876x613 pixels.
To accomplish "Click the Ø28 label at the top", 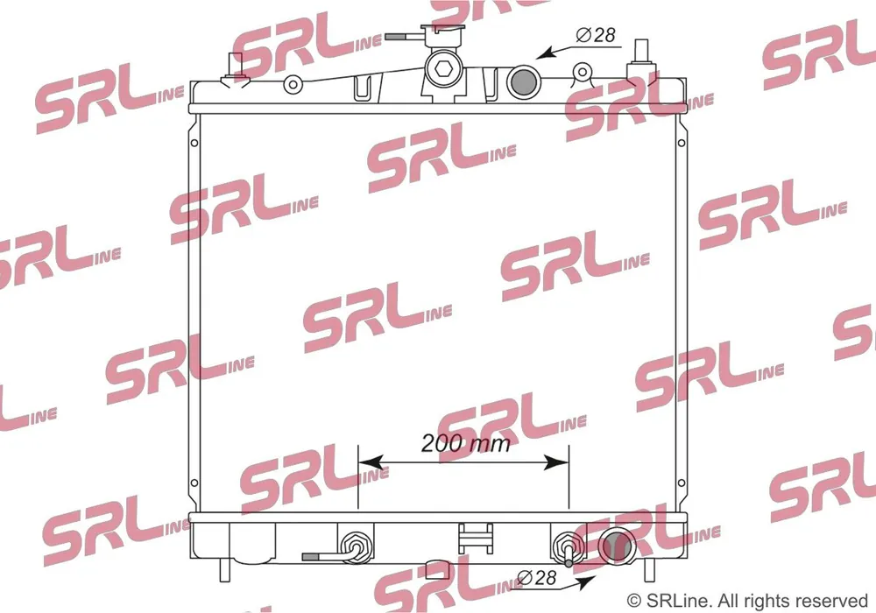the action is click(596, 35).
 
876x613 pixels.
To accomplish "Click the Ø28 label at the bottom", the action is click(537, 577).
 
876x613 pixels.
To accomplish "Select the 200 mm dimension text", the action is click(465, 443).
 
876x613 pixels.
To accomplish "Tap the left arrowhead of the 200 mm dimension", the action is click(371, 462).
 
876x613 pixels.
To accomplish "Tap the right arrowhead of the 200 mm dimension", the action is click(556, 462).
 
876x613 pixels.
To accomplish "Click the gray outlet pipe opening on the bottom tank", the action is click(617, 546).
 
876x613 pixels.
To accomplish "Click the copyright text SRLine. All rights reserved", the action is click(747, 601).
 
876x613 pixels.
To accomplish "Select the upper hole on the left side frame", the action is click(194, 144).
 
